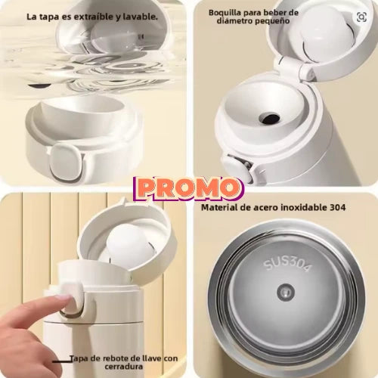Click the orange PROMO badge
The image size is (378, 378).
point(188,188)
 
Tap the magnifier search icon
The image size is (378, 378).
point(361,17)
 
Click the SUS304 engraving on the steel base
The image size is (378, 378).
point(287,265)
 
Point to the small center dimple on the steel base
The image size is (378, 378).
point(286,292)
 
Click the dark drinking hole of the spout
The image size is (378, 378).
point(269,118)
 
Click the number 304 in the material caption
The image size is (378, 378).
point(338,207)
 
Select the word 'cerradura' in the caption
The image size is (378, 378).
point(124,366)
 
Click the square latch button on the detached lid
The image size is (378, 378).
point(65,162)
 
